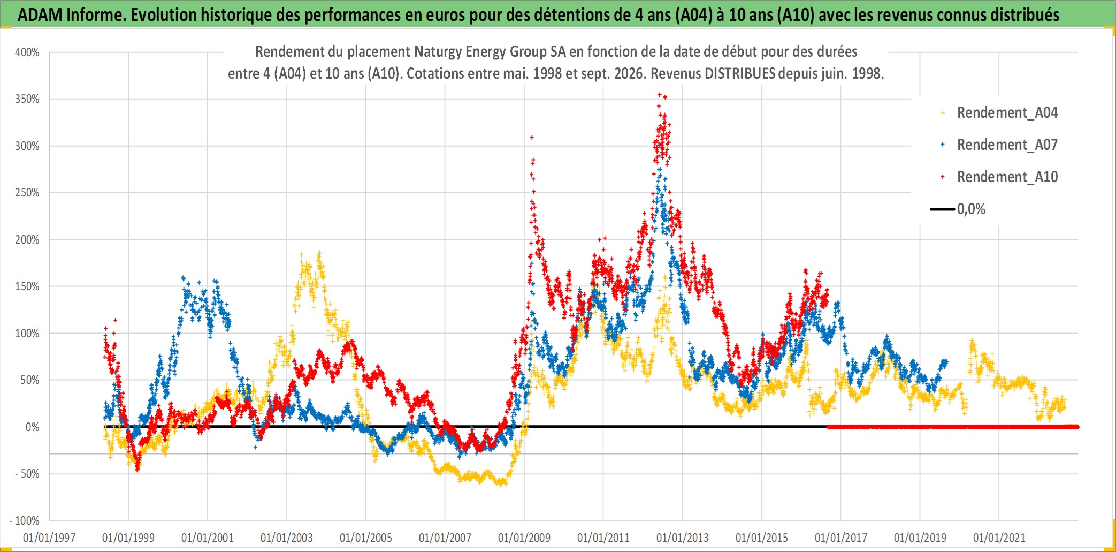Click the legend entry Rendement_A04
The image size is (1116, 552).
tap(999, 112)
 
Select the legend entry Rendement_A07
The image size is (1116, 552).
tap(999, 145)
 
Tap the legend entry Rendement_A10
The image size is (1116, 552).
tap(999, 177)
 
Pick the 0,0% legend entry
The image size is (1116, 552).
tap(958, 209)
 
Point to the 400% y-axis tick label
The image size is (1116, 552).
tap(27, 52)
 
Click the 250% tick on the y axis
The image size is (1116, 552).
tap(27, 193)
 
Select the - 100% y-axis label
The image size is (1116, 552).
tap(25, 520)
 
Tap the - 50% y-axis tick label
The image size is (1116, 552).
tap(27, 474)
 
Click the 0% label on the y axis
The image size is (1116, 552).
tap(33, 427)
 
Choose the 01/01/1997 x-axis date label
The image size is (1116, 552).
tap(49, 538)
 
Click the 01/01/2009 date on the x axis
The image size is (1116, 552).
tap(524, 538)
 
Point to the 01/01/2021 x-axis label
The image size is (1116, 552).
tap(999, 538)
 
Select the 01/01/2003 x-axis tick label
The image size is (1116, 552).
tap(287, 538)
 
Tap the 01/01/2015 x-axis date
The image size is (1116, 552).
tap(762, 538)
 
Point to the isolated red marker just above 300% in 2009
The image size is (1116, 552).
tap(532, 138)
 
